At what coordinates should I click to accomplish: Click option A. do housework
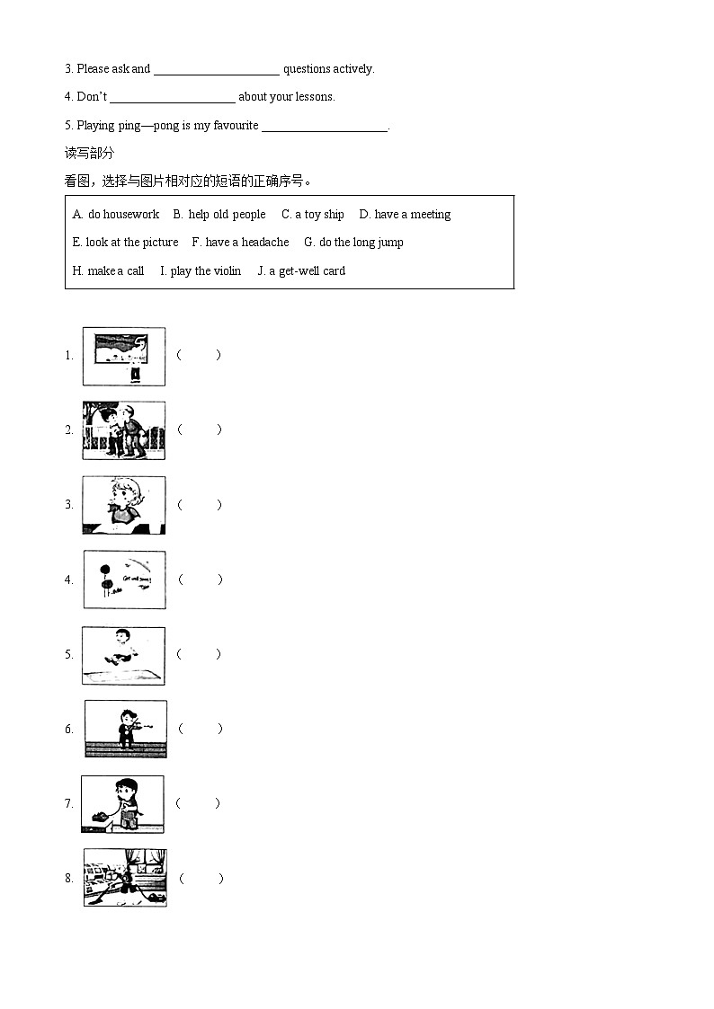(x=116, y=215)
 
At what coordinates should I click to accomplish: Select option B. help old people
(x=219, y=215)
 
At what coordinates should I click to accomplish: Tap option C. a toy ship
(x=313, y=215)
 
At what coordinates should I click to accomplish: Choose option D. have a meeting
(x=405, y=215)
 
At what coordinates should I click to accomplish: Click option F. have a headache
(x=240, y=243)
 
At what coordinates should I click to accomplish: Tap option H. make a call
(x=108, y=271)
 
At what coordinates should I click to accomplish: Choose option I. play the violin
(x=201, y=271)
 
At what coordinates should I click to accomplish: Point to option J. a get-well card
(x=301, y=271)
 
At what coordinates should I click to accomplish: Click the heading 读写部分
(x=89, y=153)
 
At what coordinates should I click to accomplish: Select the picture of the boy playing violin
(x=125, y=729)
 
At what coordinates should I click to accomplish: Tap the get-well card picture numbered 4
(x=125, y=580)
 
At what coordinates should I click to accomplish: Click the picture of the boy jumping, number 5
(x=124, y=655)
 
